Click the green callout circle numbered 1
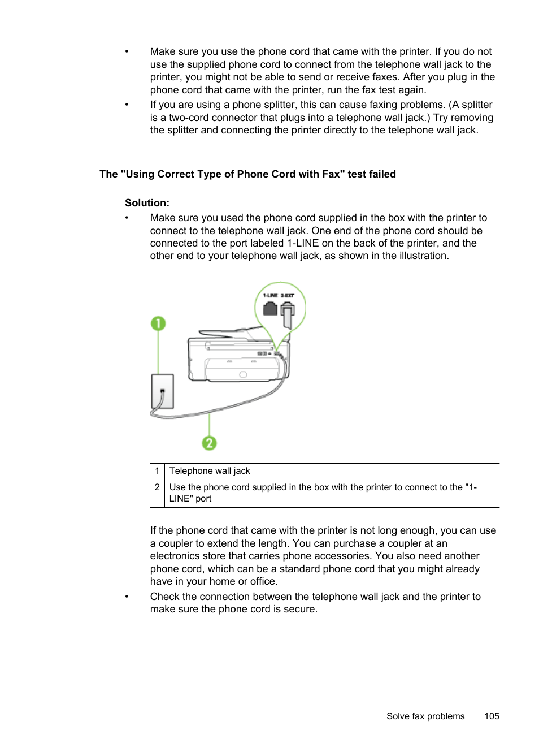[x=158, y=323]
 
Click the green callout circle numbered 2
[x=209, y=443]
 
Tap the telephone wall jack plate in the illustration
[x=162, y=391]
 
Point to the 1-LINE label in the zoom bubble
[x=271, y=295]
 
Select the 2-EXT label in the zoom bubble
[x=288, y=295]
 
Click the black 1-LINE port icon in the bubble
[x=271, y=308]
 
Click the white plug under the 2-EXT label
[x=288, y=314]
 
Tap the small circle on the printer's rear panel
[x=243, y=374]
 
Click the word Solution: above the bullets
[x=147, y=203]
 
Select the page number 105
[x=492, y=716]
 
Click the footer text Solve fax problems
[x=425, y=716]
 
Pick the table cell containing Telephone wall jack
[x=210, y=471]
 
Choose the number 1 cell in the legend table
[x=157, y=471]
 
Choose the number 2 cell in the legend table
[x=157, y=487]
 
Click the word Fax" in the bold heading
[x=333, y=174]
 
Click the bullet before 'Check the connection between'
[x=127, y=597]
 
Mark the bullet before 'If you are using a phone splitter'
[x=127, y=105]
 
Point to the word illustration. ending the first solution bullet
[x=424, y=256]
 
